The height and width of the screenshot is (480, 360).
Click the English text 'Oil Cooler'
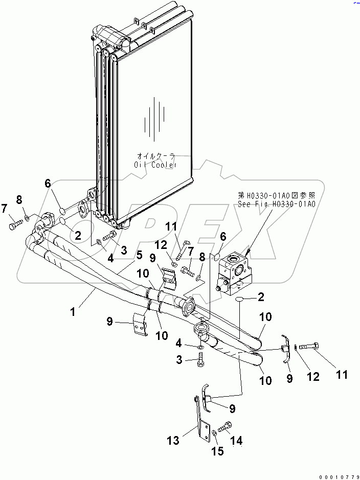155,165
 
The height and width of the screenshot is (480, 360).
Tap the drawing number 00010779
337,476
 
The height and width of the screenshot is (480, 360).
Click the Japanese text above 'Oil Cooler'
156,155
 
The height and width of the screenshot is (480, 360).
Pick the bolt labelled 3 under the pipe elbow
200,362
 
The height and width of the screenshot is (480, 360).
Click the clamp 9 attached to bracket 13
206,397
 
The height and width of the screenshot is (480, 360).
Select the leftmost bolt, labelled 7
14,223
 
